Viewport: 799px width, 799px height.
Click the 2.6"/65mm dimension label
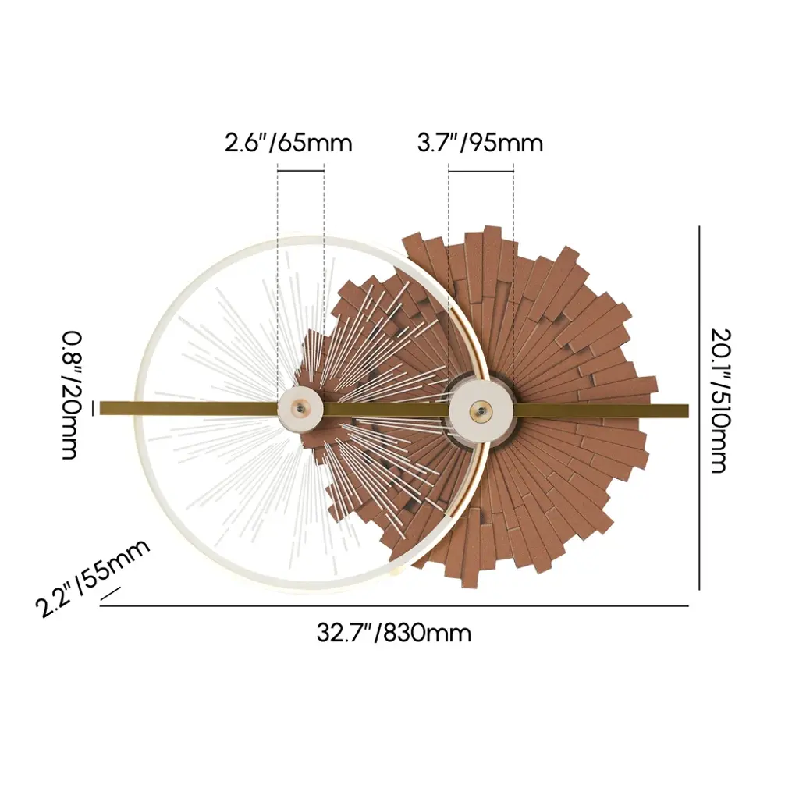tap(289, 144)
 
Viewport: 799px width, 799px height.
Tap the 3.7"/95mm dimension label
tap(480, 144)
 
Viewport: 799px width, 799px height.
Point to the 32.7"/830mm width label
tap(394, 634)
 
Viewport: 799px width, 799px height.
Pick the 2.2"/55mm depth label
tap(93, 577)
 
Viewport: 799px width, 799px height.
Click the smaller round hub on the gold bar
tap(300, 409)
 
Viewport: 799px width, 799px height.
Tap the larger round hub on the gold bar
tap(479, 409)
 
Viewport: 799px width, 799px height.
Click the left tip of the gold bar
tap(101, 408)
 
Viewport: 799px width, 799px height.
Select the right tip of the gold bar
tap(688, 410)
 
